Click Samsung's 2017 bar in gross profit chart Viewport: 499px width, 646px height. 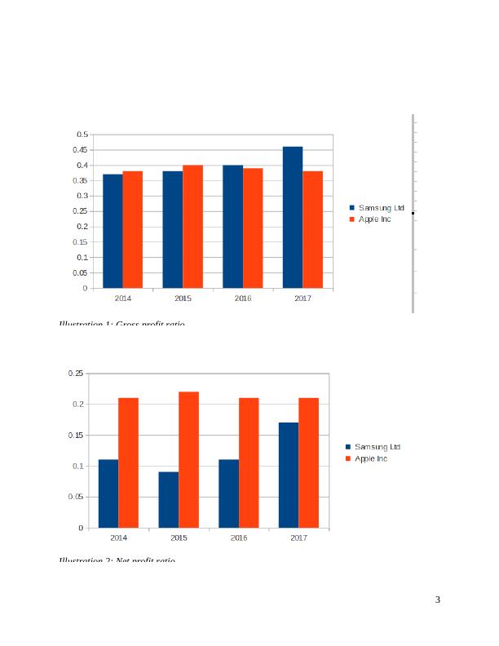293,217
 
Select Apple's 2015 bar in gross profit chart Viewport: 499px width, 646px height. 192,226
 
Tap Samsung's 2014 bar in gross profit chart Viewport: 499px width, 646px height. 113,231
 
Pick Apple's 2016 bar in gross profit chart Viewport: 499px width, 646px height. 253,228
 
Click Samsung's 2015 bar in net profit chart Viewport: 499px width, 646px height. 169,499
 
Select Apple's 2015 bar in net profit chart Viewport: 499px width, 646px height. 188,459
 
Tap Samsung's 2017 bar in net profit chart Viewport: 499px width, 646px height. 289,475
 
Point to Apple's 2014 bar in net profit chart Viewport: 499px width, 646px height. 128,462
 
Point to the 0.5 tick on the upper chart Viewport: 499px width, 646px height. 82,135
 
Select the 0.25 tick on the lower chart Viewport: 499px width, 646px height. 75,374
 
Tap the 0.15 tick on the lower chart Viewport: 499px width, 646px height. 75,436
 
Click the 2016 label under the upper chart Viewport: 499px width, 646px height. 243,299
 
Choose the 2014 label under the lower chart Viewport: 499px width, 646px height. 118,538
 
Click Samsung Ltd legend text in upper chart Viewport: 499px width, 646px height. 382,208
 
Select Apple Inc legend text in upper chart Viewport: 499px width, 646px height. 375,219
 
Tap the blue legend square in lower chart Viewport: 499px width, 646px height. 348,447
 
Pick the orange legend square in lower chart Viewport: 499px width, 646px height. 348,459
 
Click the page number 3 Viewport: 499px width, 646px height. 438,600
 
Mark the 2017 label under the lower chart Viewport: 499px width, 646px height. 298,538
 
